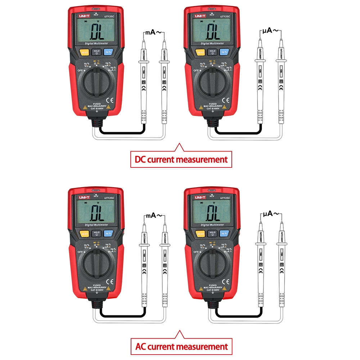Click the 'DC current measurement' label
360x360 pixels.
point(181,159)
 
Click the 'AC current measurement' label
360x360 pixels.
point(181,347)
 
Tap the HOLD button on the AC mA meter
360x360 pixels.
point(96,234)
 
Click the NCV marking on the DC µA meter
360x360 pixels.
point(212,14)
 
